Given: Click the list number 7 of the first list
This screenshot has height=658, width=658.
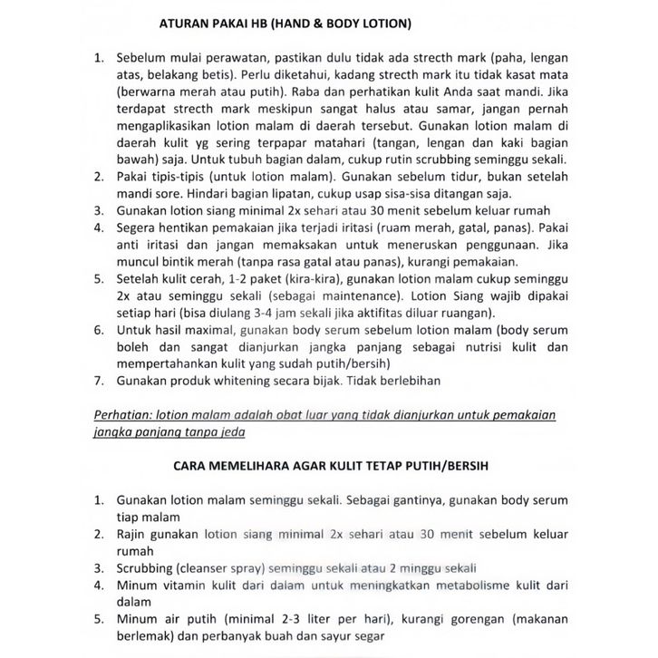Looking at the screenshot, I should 100,382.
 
